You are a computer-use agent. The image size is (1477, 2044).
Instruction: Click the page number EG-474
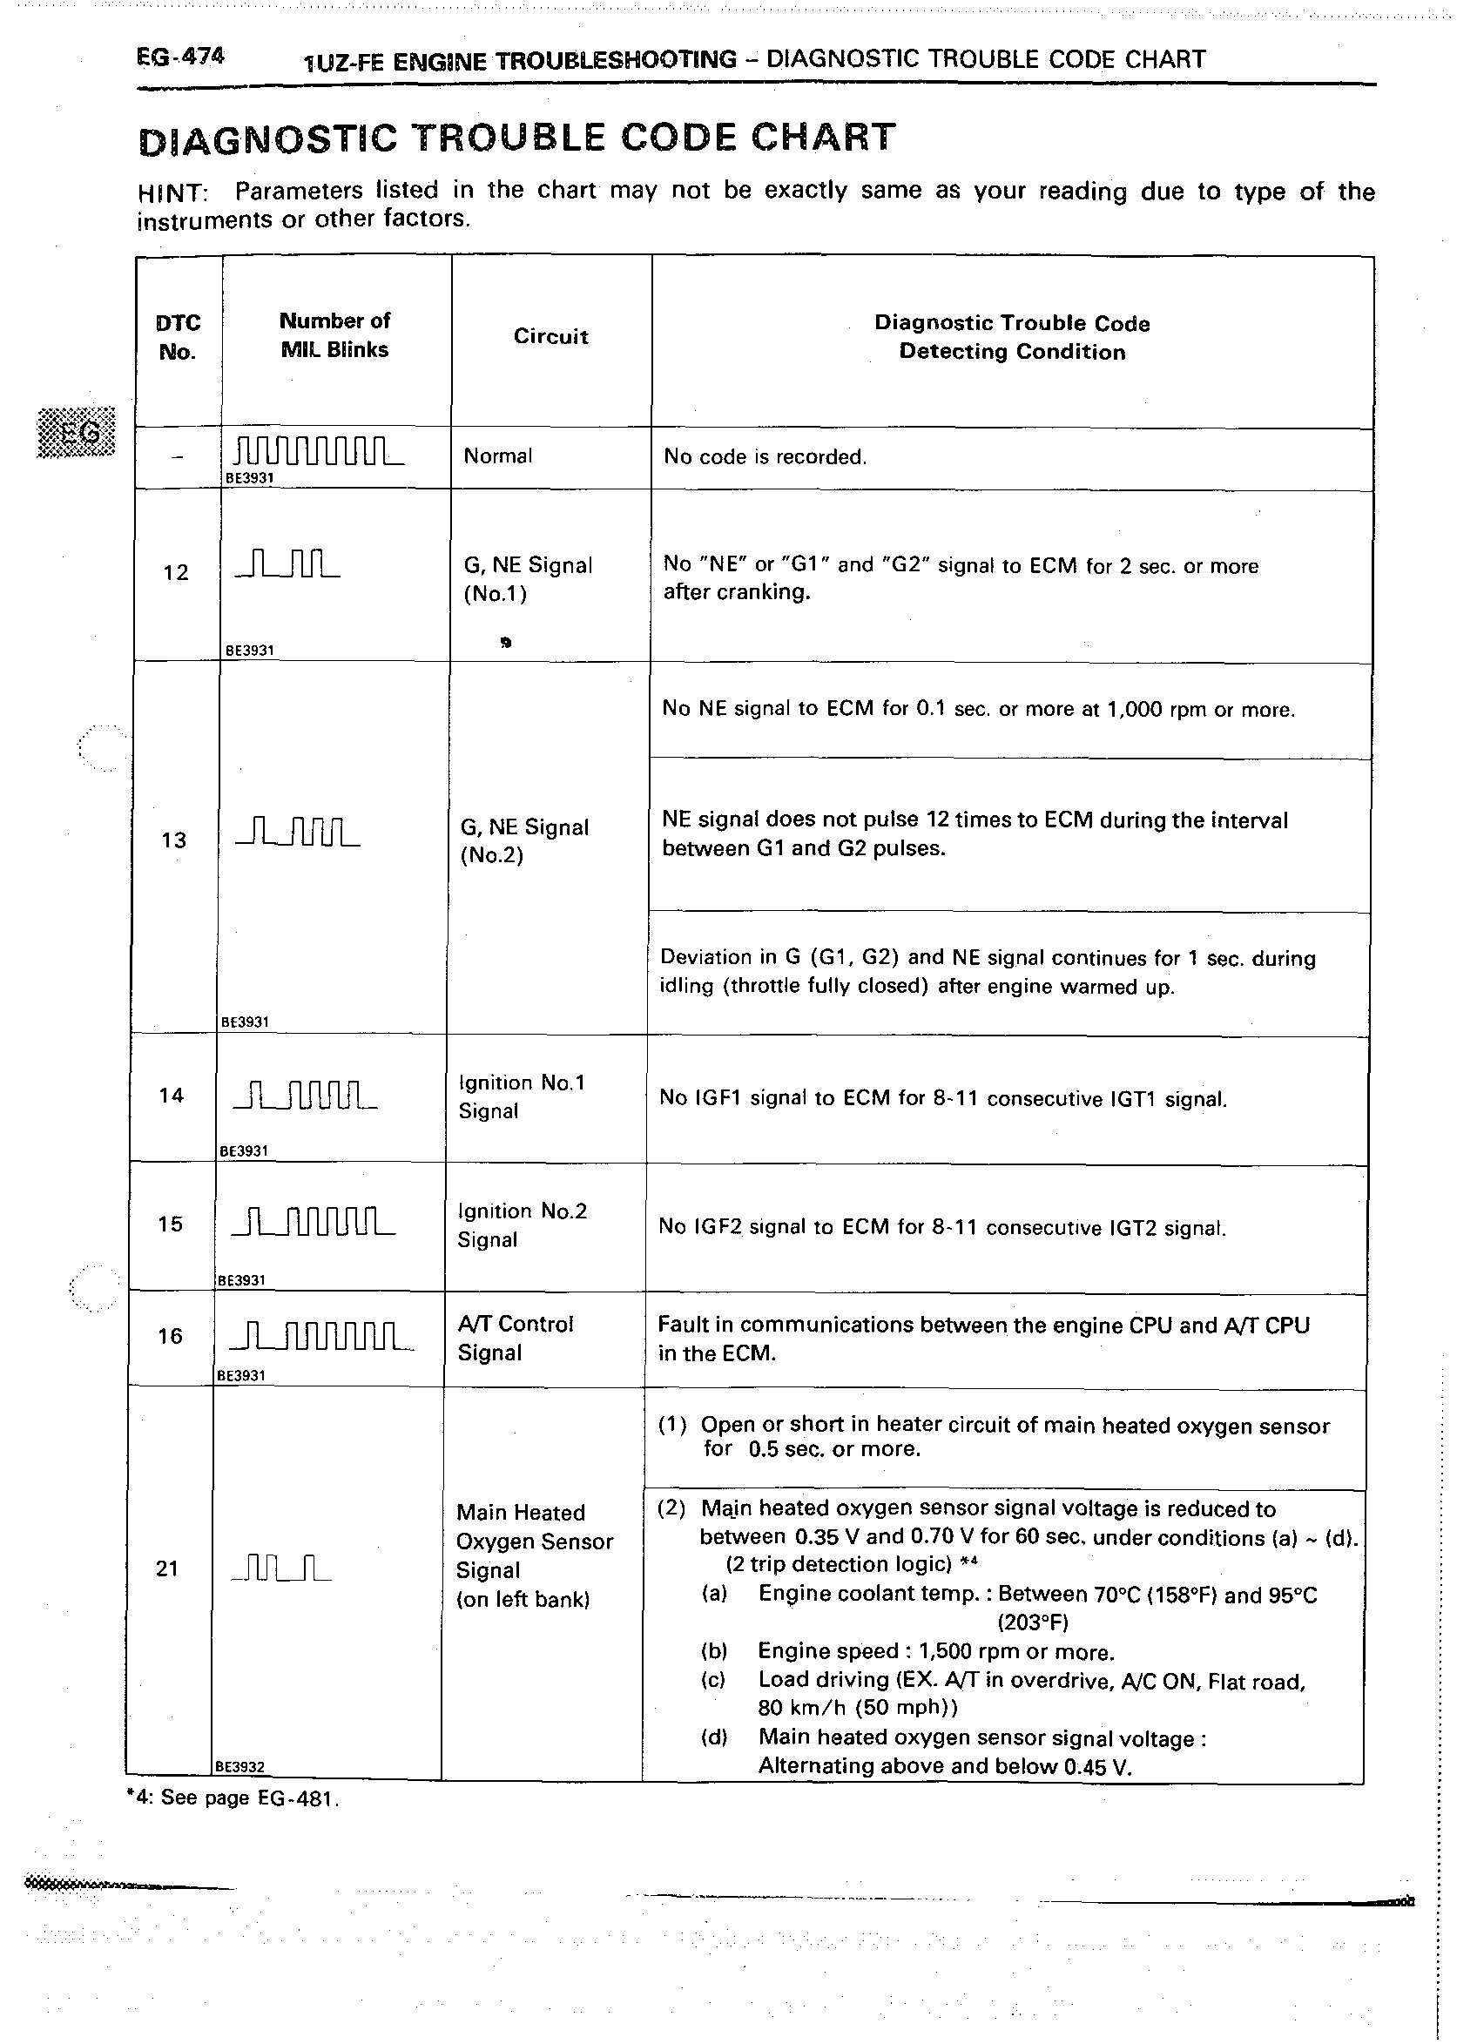[180, 57]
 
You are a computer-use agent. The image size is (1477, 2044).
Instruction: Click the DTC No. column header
[178, 337]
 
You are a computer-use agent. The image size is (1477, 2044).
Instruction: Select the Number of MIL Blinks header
[334, 335]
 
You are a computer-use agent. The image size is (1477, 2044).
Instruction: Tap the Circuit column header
[550, 336]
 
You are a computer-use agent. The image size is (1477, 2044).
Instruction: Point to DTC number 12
[176, 572]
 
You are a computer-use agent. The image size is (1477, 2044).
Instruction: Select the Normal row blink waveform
[318, 450]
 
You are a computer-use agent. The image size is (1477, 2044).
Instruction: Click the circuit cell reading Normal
[497, 456]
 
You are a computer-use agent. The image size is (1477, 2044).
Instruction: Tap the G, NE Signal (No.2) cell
[523, 840]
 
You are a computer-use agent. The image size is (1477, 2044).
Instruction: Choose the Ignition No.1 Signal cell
[521, 1096]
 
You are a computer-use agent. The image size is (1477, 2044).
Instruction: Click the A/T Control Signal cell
[515, 1338]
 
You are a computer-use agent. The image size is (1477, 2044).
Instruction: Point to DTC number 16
[170, 1336]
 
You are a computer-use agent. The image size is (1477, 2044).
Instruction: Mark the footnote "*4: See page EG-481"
[233, 1798]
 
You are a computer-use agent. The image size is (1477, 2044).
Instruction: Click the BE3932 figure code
[239, 1767]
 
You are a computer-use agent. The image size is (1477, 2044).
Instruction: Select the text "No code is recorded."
[764, 457]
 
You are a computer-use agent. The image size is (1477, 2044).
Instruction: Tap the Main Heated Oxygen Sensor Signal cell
[534, 1555]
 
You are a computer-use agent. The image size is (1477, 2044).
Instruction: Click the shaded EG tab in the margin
[77, 432]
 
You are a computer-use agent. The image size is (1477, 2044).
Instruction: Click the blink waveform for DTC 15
[313, 1221]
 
